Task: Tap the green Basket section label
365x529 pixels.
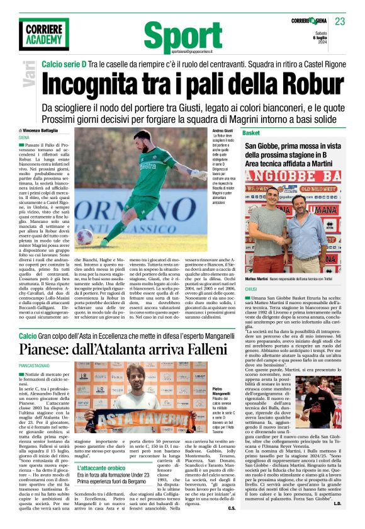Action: [251, 134]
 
